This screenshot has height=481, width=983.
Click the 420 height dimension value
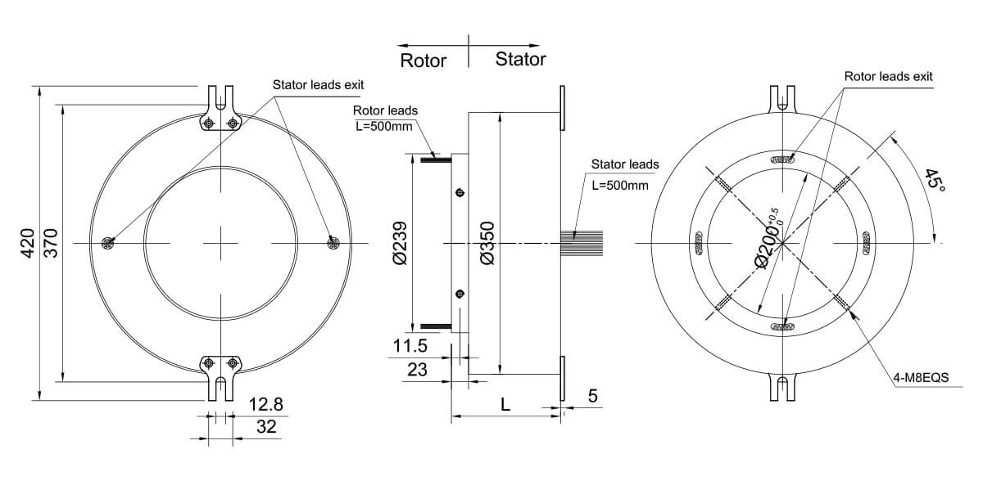pyautogui.click(x=26, y=244)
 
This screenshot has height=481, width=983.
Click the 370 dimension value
pyautogui.click(x=51, y=244)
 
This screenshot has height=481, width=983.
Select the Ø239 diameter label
pyautogui.click(x=401, y=244)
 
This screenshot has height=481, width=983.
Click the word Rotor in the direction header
pyautogui.click(x=424, y=61)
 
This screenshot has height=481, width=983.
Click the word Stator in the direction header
pyautogui.click(x=520, y=60)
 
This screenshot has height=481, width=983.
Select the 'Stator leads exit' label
pyautogui.click(x=318, y=84)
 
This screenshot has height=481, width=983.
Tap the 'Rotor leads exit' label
pyautogui.click(x=889, y=76)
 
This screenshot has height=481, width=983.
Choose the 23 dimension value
pyautogui.click(x=417, y=370)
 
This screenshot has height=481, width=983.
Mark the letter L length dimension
pyautogui.click(x=505, y=404)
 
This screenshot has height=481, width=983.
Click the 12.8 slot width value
pyautogui.click(x=265, y=405)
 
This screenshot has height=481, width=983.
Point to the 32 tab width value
pyautogui.click(x=265, y=426)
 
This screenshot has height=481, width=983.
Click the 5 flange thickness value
pyautogui.click(x=594, y=395)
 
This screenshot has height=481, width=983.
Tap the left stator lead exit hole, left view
pyautogui.click(x=107, y=243)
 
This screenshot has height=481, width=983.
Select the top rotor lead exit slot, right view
pyautogui.click(x=784, y=160)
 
